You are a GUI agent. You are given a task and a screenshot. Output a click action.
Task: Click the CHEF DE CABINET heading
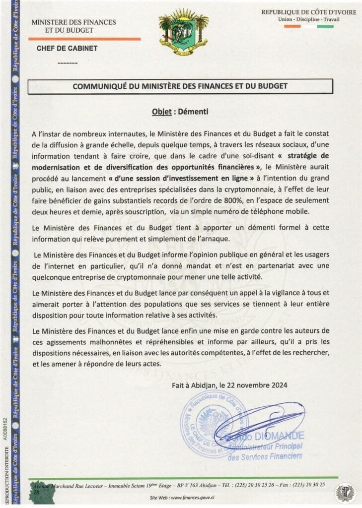[x=67, y=49]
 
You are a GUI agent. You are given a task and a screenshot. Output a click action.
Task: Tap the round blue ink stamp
[x=214, y=423]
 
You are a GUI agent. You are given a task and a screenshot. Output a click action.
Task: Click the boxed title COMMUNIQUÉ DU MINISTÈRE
[x=180, y=86]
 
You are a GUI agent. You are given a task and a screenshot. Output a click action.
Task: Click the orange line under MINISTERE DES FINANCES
[x=84, y=39]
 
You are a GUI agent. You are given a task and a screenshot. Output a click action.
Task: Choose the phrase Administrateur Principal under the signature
[x=266, y=447]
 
